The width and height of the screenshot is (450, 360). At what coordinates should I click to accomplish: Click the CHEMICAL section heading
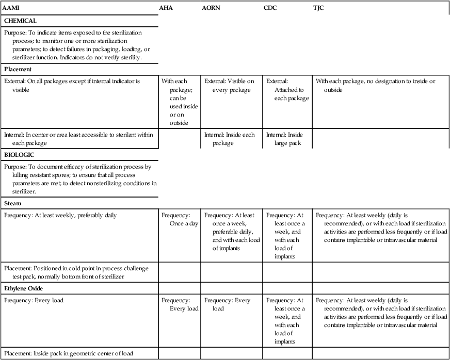(x=20, y=21)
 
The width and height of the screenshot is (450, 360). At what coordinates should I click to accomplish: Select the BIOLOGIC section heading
(x=20, y=154)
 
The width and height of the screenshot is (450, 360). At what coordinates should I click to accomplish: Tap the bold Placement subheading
(x=18, y=69)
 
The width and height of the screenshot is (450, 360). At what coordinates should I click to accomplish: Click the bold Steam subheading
(x=12, y=203)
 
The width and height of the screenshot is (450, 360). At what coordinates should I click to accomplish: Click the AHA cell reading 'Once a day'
(x=180, y=219)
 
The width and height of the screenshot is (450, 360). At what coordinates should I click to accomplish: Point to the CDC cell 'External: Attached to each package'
(x=287, y=90)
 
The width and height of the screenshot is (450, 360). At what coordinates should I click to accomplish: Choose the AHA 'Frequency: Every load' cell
(x=180, y=304)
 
